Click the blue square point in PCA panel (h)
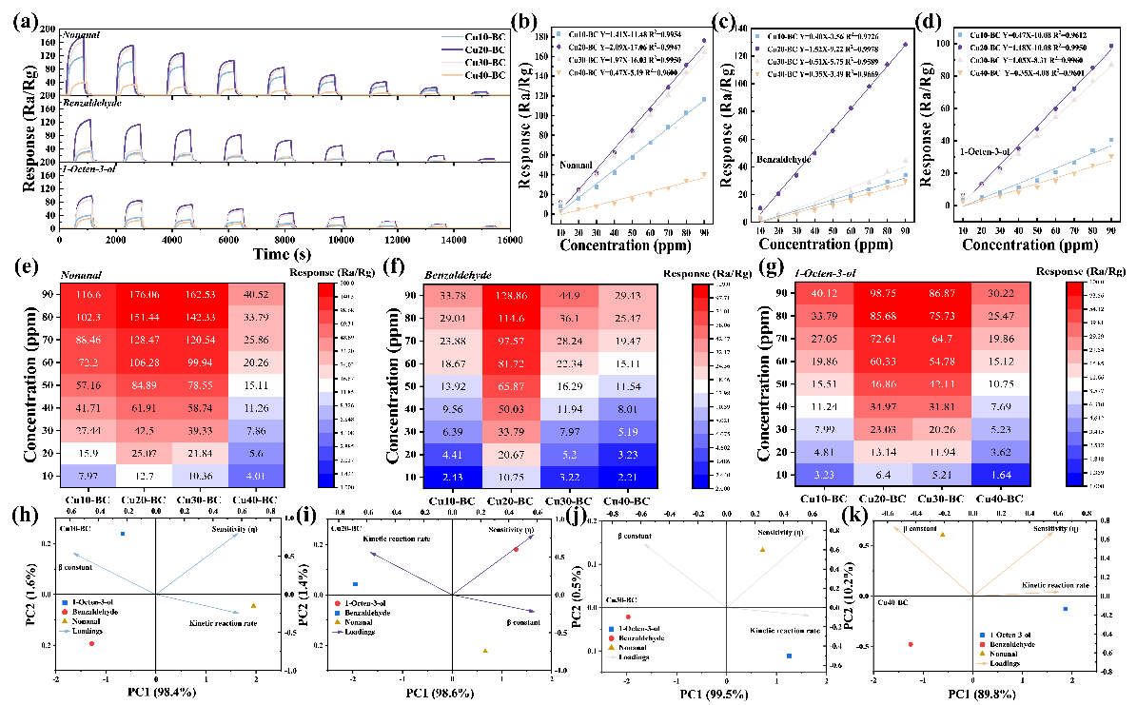(123, 534)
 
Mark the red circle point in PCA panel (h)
(92, 643)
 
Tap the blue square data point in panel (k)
(1065, 609)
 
